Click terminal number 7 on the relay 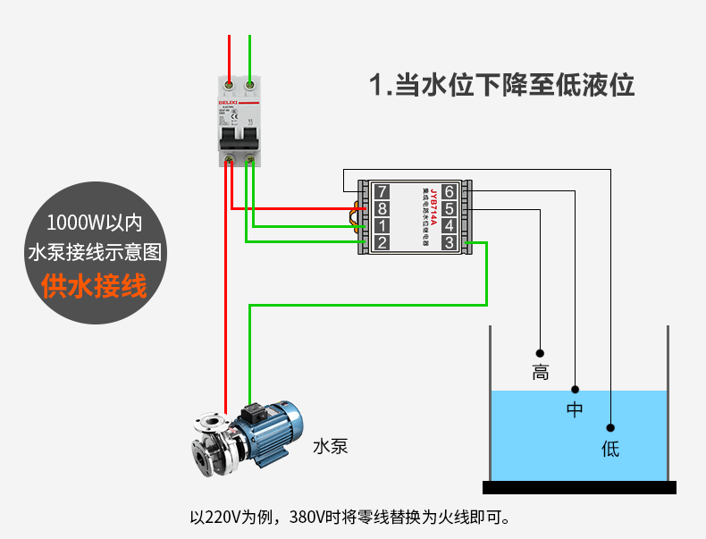pos(382,191)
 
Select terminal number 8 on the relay pos(382,208)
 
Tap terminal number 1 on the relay pos(382,225)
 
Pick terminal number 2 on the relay pos(382,242)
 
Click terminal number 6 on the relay pos(449,191)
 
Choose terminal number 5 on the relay pos(449,208)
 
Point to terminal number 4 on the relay pos(449,225)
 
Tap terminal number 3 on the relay pos(449,242)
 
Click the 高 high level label pos(540,373)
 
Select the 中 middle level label pos(575,410)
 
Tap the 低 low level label pos(610,448)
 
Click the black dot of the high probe pos(540,352)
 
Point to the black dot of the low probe pos(610,427)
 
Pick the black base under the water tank pos(579,487)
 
